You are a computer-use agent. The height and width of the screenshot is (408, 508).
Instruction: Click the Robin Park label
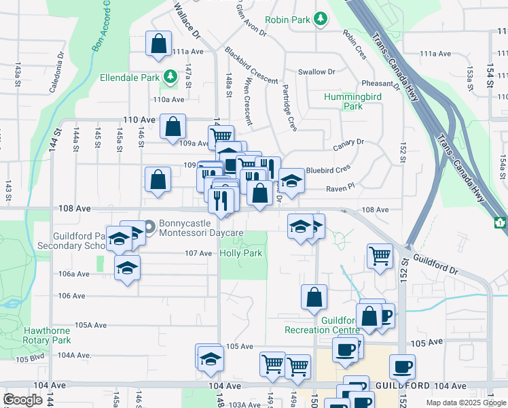click(x=288, y=20)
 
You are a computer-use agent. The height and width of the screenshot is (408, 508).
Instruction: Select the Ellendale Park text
click(x=131, y=78)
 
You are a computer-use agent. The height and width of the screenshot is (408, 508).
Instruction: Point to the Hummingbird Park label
click(x=352, y=101)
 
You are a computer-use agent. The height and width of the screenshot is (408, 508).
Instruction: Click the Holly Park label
click(x=241, y=253)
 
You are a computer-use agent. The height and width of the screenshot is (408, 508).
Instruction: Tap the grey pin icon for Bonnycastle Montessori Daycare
click(x=149, y=227)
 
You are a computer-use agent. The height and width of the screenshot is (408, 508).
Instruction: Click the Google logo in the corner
click(x=22, y=400)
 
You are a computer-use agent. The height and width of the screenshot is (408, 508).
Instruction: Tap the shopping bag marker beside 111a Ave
click(x=158, y=44)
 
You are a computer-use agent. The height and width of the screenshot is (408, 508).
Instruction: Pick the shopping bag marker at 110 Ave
click(x=174, y=126)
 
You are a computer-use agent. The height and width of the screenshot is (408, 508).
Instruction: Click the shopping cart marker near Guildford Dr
click(x=380, y=256)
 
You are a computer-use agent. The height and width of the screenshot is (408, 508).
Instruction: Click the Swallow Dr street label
click(x=317, y=71)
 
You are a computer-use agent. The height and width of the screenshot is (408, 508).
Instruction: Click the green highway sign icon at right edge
click(x=501, y=222)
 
